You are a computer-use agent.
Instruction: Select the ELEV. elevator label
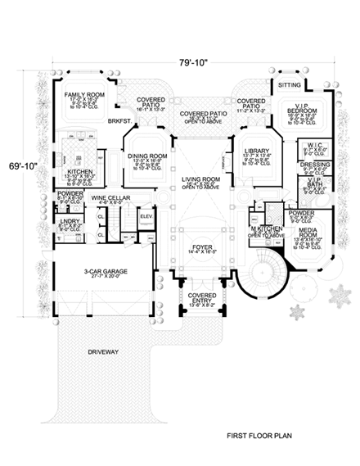(147, 216)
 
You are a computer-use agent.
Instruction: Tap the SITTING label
(290, 84)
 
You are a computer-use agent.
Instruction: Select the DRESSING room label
(314, 164)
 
